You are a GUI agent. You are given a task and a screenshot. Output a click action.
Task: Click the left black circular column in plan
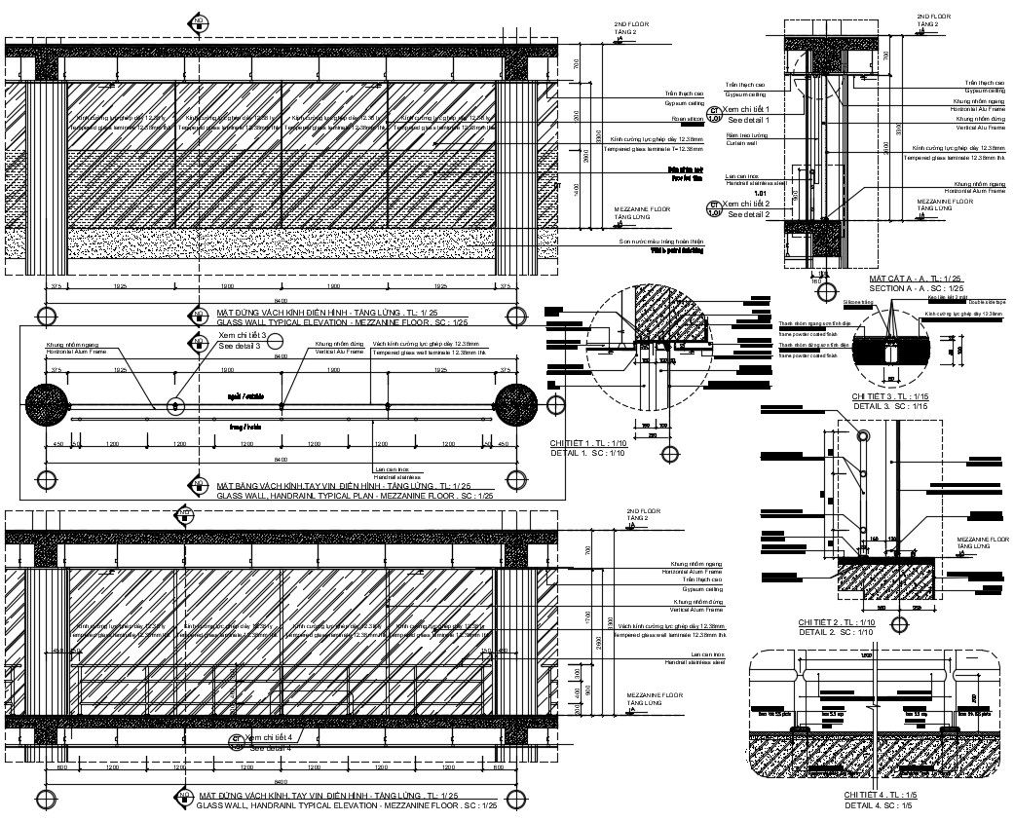tap(46, 403)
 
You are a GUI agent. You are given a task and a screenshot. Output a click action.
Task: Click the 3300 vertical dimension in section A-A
tap(885, 146)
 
